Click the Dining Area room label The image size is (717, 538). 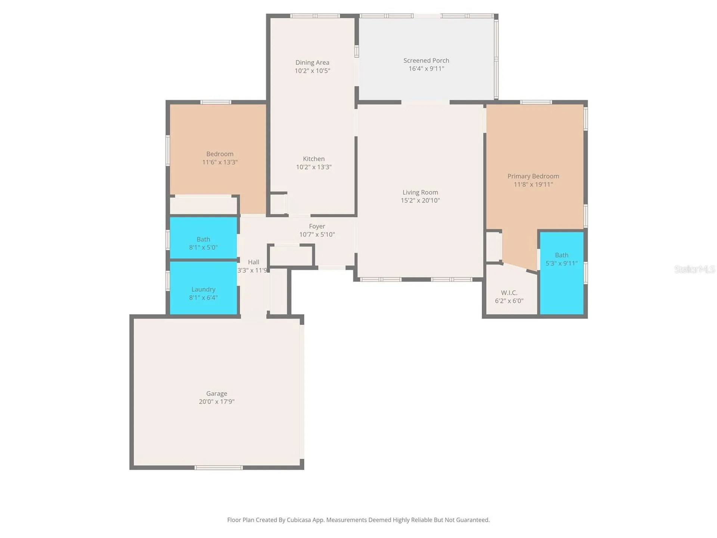click(312, 62)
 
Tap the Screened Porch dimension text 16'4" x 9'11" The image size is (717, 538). click(426, 69)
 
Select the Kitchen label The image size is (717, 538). click(314, 159)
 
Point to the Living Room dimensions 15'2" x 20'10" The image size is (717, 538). click(420, 201)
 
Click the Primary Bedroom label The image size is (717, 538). click(533, 176)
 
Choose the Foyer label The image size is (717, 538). click(317, 226)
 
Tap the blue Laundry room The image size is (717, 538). click(204, 288)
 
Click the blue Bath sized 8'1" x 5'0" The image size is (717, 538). click(204, 238)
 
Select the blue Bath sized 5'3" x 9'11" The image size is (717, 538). click(562, 273)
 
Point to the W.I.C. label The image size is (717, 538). click(509, 293)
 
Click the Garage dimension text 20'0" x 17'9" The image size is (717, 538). click(217, 402)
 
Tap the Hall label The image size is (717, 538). click(254, 262)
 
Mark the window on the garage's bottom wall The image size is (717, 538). click(218, 468)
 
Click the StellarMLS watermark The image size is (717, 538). click(695, 269)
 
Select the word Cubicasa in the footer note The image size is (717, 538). click(299, 520)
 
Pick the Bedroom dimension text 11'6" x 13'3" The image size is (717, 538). click(220, 162)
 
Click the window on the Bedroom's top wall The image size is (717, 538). click(215, 102)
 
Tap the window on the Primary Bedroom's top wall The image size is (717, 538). click(536, 102)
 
